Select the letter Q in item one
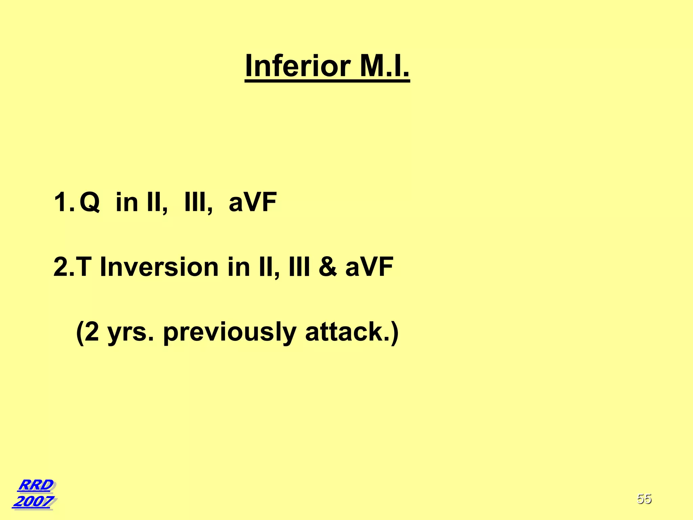(x=90, y=202)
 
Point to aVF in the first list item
(x=253, y=202)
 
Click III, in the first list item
(x=198, y=202)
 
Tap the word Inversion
(x=159, y=267)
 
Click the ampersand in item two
(x=327, y=267)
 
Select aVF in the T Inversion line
(x=369, y=267)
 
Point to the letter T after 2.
(x=84, y=267)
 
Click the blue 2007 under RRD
(x=33, y=501)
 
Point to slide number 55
(x=644, y=499)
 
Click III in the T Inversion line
(x=299, y=267)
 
